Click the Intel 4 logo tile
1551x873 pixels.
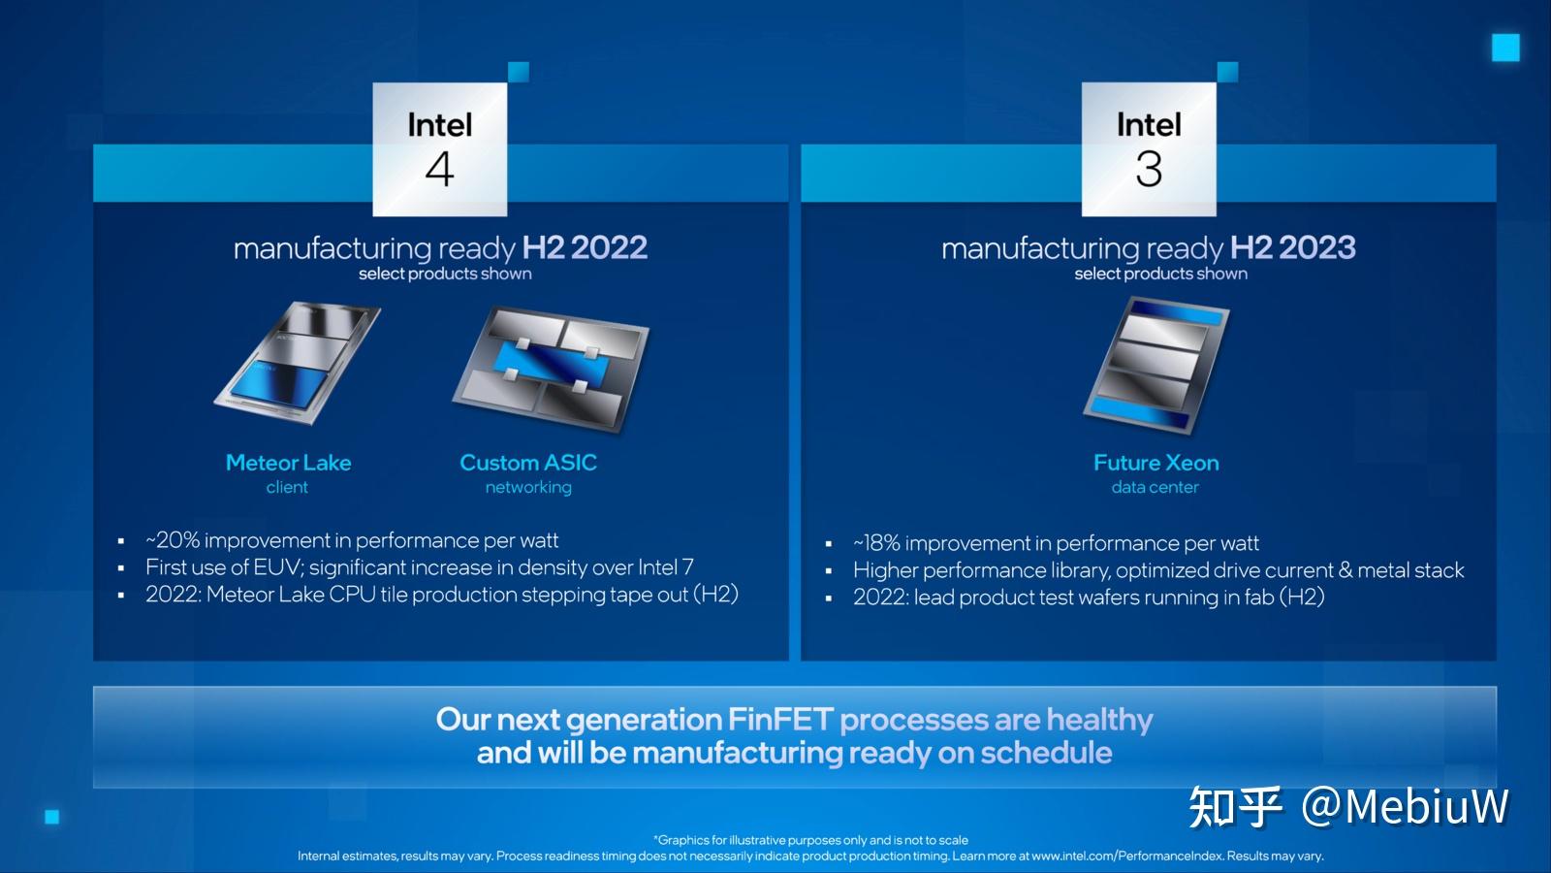(x=439, y=148)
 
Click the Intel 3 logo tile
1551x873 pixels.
(x=1148, y=148)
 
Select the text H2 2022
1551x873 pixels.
(x=585, y=247)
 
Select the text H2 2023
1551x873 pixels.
(x=1292, y=247)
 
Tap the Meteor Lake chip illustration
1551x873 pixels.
(x=297, y=364)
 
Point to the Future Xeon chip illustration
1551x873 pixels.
(x=1155, y=366)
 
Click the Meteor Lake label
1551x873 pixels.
(x=288, y=463)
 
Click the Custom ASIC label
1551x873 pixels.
(x=528, y=463)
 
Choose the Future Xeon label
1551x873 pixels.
(x=1155, y=463)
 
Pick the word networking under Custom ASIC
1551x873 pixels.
(x=528, y=487)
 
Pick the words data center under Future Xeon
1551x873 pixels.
(x=1155, y=487)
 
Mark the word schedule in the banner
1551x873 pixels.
(x=1046, y=753)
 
